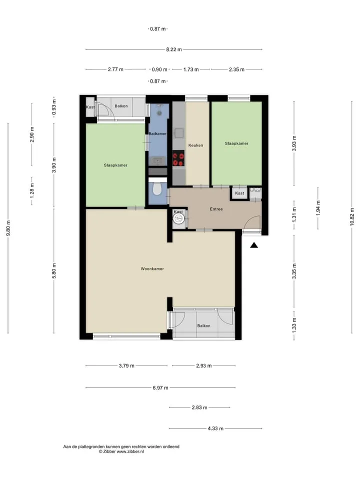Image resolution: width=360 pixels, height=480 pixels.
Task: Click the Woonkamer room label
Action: tap(152, 269)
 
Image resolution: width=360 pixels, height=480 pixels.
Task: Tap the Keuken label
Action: tap(195, 145)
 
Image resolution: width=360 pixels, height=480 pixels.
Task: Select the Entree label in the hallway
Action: tap(216, 209)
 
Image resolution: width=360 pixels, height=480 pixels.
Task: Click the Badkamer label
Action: tap(157, 133)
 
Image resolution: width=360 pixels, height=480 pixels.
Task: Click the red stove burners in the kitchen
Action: tap(178, 158)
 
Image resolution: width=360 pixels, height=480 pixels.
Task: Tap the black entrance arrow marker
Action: tap(254, 245)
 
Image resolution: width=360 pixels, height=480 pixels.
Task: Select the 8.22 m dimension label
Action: tap(174, 49)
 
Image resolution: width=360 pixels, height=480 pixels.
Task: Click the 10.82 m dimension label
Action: tap(352, 216)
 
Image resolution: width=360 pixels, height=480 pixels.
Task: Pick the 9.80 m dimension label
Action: tap(8, 228)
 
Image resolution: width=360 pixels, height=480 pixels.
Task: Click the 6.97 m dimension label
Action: tap(160, 388)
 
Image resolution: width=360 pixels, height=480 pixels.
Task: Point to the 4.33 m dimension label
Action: tap(215, 428)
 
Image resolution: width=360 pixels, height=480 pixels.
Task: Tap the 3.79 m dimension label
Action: tap(126, 366)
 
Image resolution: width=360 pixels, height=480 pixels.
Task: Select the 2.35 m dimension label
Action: tap(236, 69)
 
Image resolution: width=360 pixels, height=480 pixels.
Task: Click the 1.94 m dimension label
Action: tap(318, 208)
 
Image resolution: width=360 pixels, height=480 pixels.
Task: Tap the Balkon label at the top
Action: tap(121, 106)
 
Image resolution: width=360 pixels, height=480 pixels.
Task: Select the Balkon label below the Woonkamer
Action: tap(203, 325)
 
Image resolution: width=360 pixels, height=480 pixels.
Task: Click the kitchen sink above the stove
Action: tap(179, 133)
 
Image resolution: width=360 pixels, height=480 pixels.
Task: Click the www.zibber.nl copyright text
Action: tap(121, 451)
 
